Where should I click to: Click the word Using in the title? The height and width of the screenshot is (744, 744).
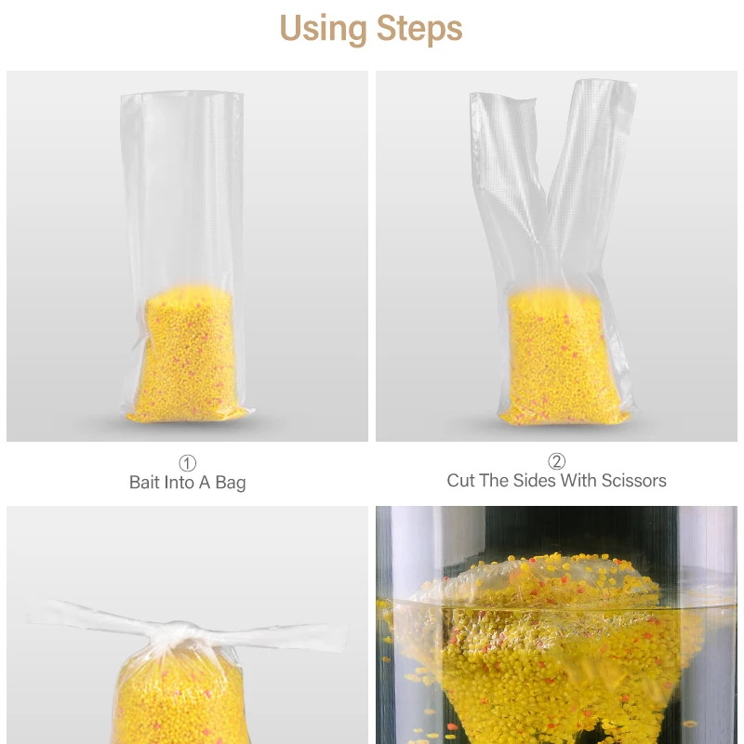pyautogui.click(x=323, y=29)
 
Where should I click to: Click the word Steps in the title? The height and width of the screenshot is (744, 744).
pyautogui.click(x=419, y=29)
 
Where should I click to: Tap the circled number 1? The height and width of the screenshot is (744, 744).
pyautogui.click(x=188, y=463)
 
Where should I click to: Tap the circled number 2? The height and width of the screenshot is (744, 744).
pyautogui.click(x=556, y=461)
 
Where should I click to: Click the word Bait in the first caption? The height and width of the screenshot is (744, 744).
pyautogui.click(x=143, y=482)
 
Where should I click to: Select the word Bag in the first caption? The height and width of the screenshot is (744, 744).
pyautogui.click(x=231, y=483)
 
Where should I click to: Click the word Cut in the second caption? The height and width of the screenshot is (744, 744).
pyautogui.click(x=460, y=481)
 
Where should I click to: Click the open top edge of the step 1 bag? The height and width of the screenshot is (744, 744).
pyautogui.click(x=182, y=95)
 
